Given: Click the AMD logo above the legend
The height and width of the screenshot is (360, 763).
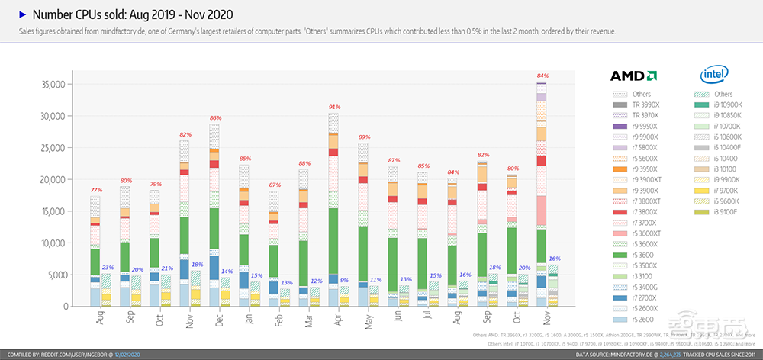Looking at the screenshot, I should [633, 76].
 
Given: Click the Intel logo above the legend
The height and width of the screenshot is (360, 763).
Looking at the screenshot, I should [713, 75].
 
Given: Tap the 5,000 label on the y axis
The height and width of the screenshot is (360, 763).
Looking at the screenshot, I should [57, 275].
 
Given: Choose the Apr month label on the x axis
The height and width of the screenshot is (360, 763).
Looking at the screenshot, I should [334, 321].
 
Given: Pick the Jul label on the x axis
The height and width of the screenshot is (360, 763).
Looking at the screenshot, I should [423, 320].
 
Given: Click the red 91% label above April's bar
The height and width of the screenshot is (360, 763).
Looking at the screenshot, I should [333, 108].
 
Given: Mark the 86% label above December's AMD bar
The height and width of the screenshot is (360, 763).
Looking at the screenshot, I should [215, 118].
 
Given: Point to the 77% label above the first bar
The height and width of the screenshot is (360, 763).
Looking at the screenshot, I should [96, 190].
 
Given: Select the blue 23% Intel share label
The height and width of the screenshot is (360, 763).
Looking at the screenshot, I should [108, 267].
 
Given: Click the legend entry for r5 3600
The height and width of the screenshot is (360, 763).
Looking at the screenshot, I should [644, 255].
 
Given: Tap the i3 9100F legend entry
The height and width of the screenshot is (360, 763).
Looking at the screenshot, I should [729, 211].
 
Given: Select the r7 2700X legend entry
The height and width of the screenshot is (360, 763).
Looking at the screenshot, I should [645, 297].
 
